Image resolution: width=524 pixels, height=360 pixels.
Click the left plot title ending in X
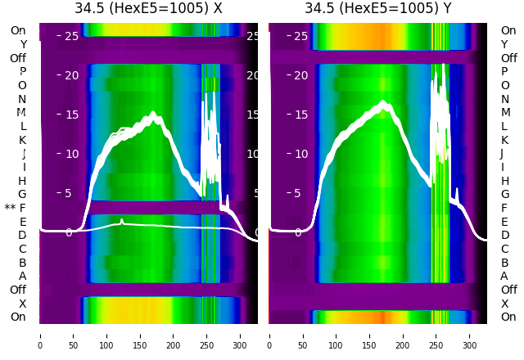(x=148, y=9)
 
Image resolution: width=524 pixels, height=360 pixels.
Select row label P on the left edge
(x=23, y=72)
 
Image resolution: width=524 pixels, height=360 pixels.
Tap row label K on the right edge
(x=504, y=140)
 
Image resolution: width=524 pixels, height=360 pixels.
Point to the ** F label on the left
(x=16, y=208)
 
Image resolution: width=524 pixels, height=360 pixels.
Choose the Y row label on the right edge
(x=504, y=44)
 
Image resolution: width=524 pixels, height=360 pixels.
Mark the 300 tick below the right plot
(x=470, y=335)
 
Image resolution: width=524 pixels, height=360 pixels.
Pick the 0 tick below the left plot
(x=40, y=335)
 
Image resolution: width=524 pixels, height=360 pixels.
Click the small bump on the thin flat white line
(x=122, y=221)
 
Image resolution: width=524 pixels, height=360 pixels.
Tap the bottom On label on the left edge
(x=18, y=317)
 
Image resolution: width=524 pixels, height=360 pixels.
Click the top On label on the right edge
(x=508, y=31)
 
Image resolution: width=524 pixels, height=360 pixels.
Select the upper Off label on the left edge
(x=18, y=58)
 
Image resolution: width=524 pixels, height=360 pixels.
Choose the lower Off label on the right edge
(x=508, y=290)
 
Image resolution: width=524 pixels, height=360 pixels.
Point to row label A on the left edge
(x=23, y=277)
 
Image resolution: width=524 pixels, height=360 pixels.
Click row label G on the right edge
(x=504, y=195)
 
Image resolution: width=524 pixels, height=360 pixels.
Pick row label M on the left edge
(x=22, y=113)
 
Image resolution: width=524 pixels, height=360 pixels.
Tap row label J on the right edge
(x=502, y=154)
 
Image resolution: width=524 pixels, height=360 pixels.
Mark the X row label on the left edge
(x=23, y=304)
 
